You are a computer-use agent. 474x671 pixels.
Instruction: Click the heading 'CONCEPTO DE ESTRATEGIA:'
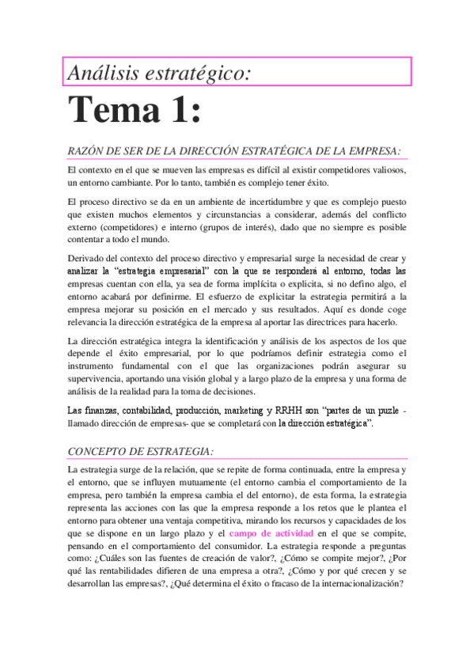[140, 451]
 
